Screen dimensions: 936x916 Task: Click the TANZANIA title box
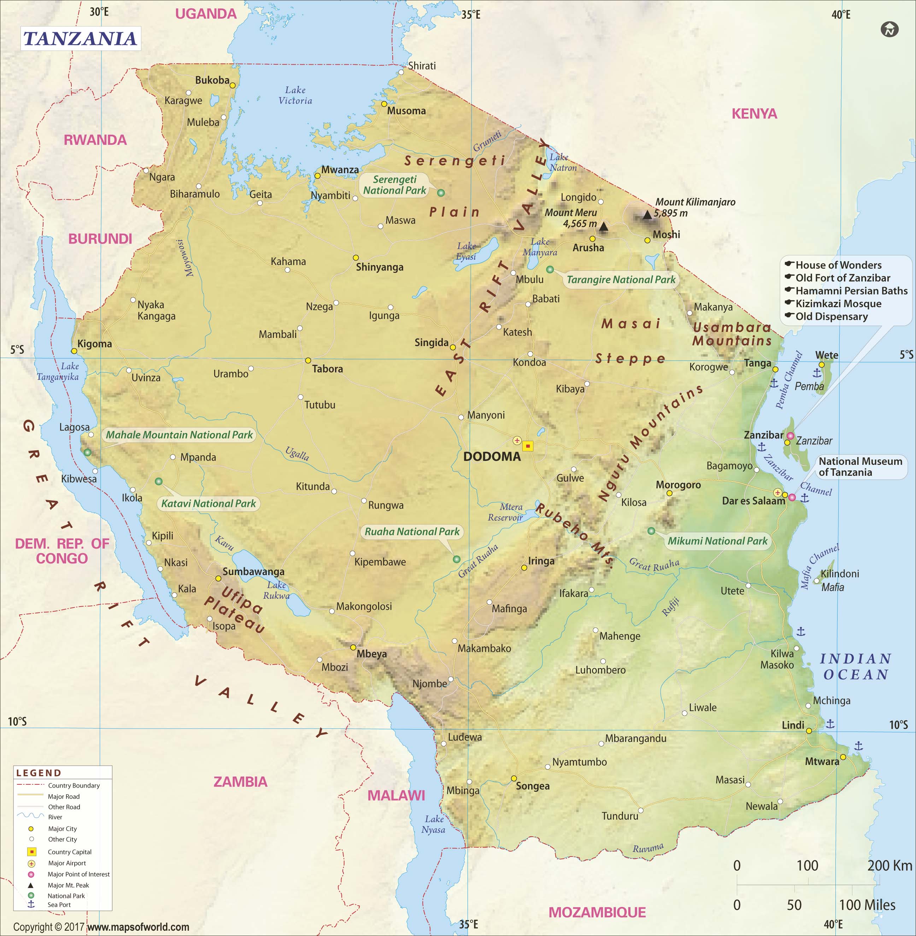tap(80, 39)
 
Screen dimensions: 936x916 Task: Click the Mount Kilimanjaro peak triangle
tap(647, 215)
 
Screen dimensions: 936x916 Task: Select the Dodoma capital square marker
tap(528, 446)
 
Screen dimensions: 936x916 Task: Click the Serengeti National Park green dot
tap(441, 193)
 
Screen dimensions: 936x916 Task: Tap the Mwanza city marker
tap(317, 176)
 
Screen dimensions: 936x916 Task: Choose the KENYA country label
tap(754, 114)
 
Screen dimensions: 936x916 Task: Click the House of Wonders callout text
tap(838, 265)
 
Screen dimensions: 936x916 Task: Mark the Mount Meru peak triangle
tap(603, 226)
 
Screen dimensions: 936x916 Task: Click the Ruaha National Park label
tap(412, 532)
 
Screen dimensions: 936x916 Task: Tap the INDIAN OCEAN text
tap(855, 667)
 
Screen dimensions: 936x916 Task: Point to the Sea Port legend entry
tap(59, 905)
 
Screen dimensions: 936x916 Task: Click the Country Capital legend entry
tap(69, 852)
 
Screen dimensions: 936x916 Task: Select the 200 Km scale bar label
tap(889, 866)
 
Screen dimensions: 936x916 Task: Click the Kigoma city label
tap(94, 344)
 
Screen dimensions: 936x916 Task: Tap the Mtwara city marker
tap(843, 757)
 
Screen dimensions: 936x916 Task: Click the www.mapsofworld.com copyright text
tap(138, 927)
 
